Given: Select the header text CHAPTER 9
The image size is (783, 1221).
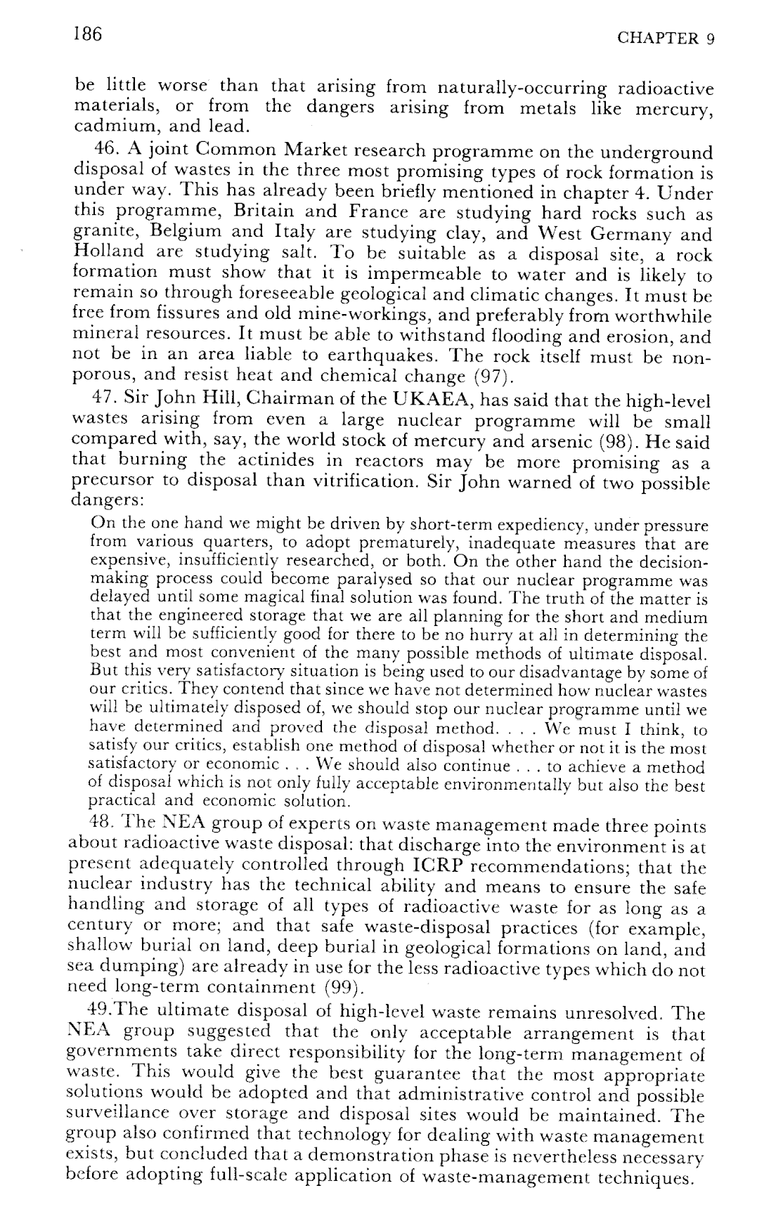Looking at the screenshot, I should tap(665, 39).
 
